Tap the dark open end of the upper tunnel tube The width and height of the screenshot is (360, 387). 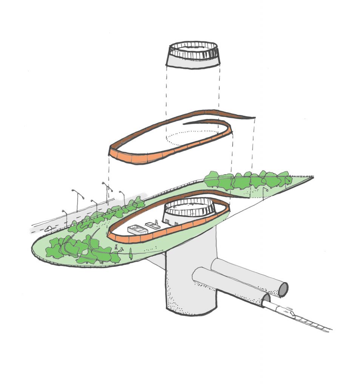[x=283, y=289]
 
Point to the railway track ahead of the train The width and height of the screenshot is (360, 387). [x=314, y=324]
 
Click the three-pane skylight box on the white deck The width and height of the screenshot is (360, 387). [x=139, y=231]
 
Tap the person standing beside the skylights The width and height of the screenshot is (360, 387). [x=156, y=221]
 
